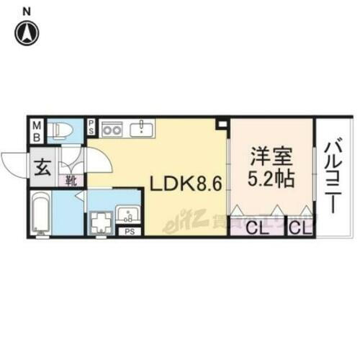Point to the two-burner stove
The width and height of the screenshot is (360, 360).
pyautogui.click(x=112, y=130)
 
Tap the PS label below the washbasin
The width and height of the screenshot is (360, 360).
pyautogui.click(x=129, y=232)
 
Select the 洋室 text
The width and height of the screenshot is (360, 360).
pyautogui.click(x=271, y=156)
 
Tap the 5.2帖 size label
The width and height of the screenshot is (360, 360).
pyautogui.click(x=272, y=178)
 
